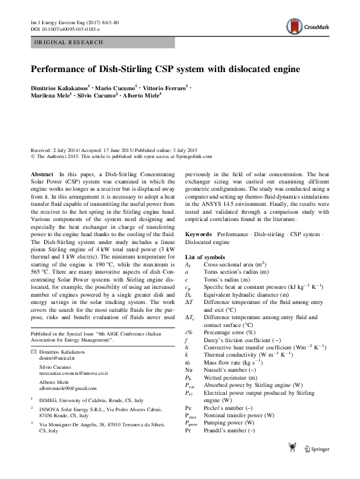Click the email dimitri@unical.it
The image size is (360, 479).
[x=51, y=375]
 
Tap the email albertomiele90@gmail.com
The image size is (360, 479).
[x=64, y=405]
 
